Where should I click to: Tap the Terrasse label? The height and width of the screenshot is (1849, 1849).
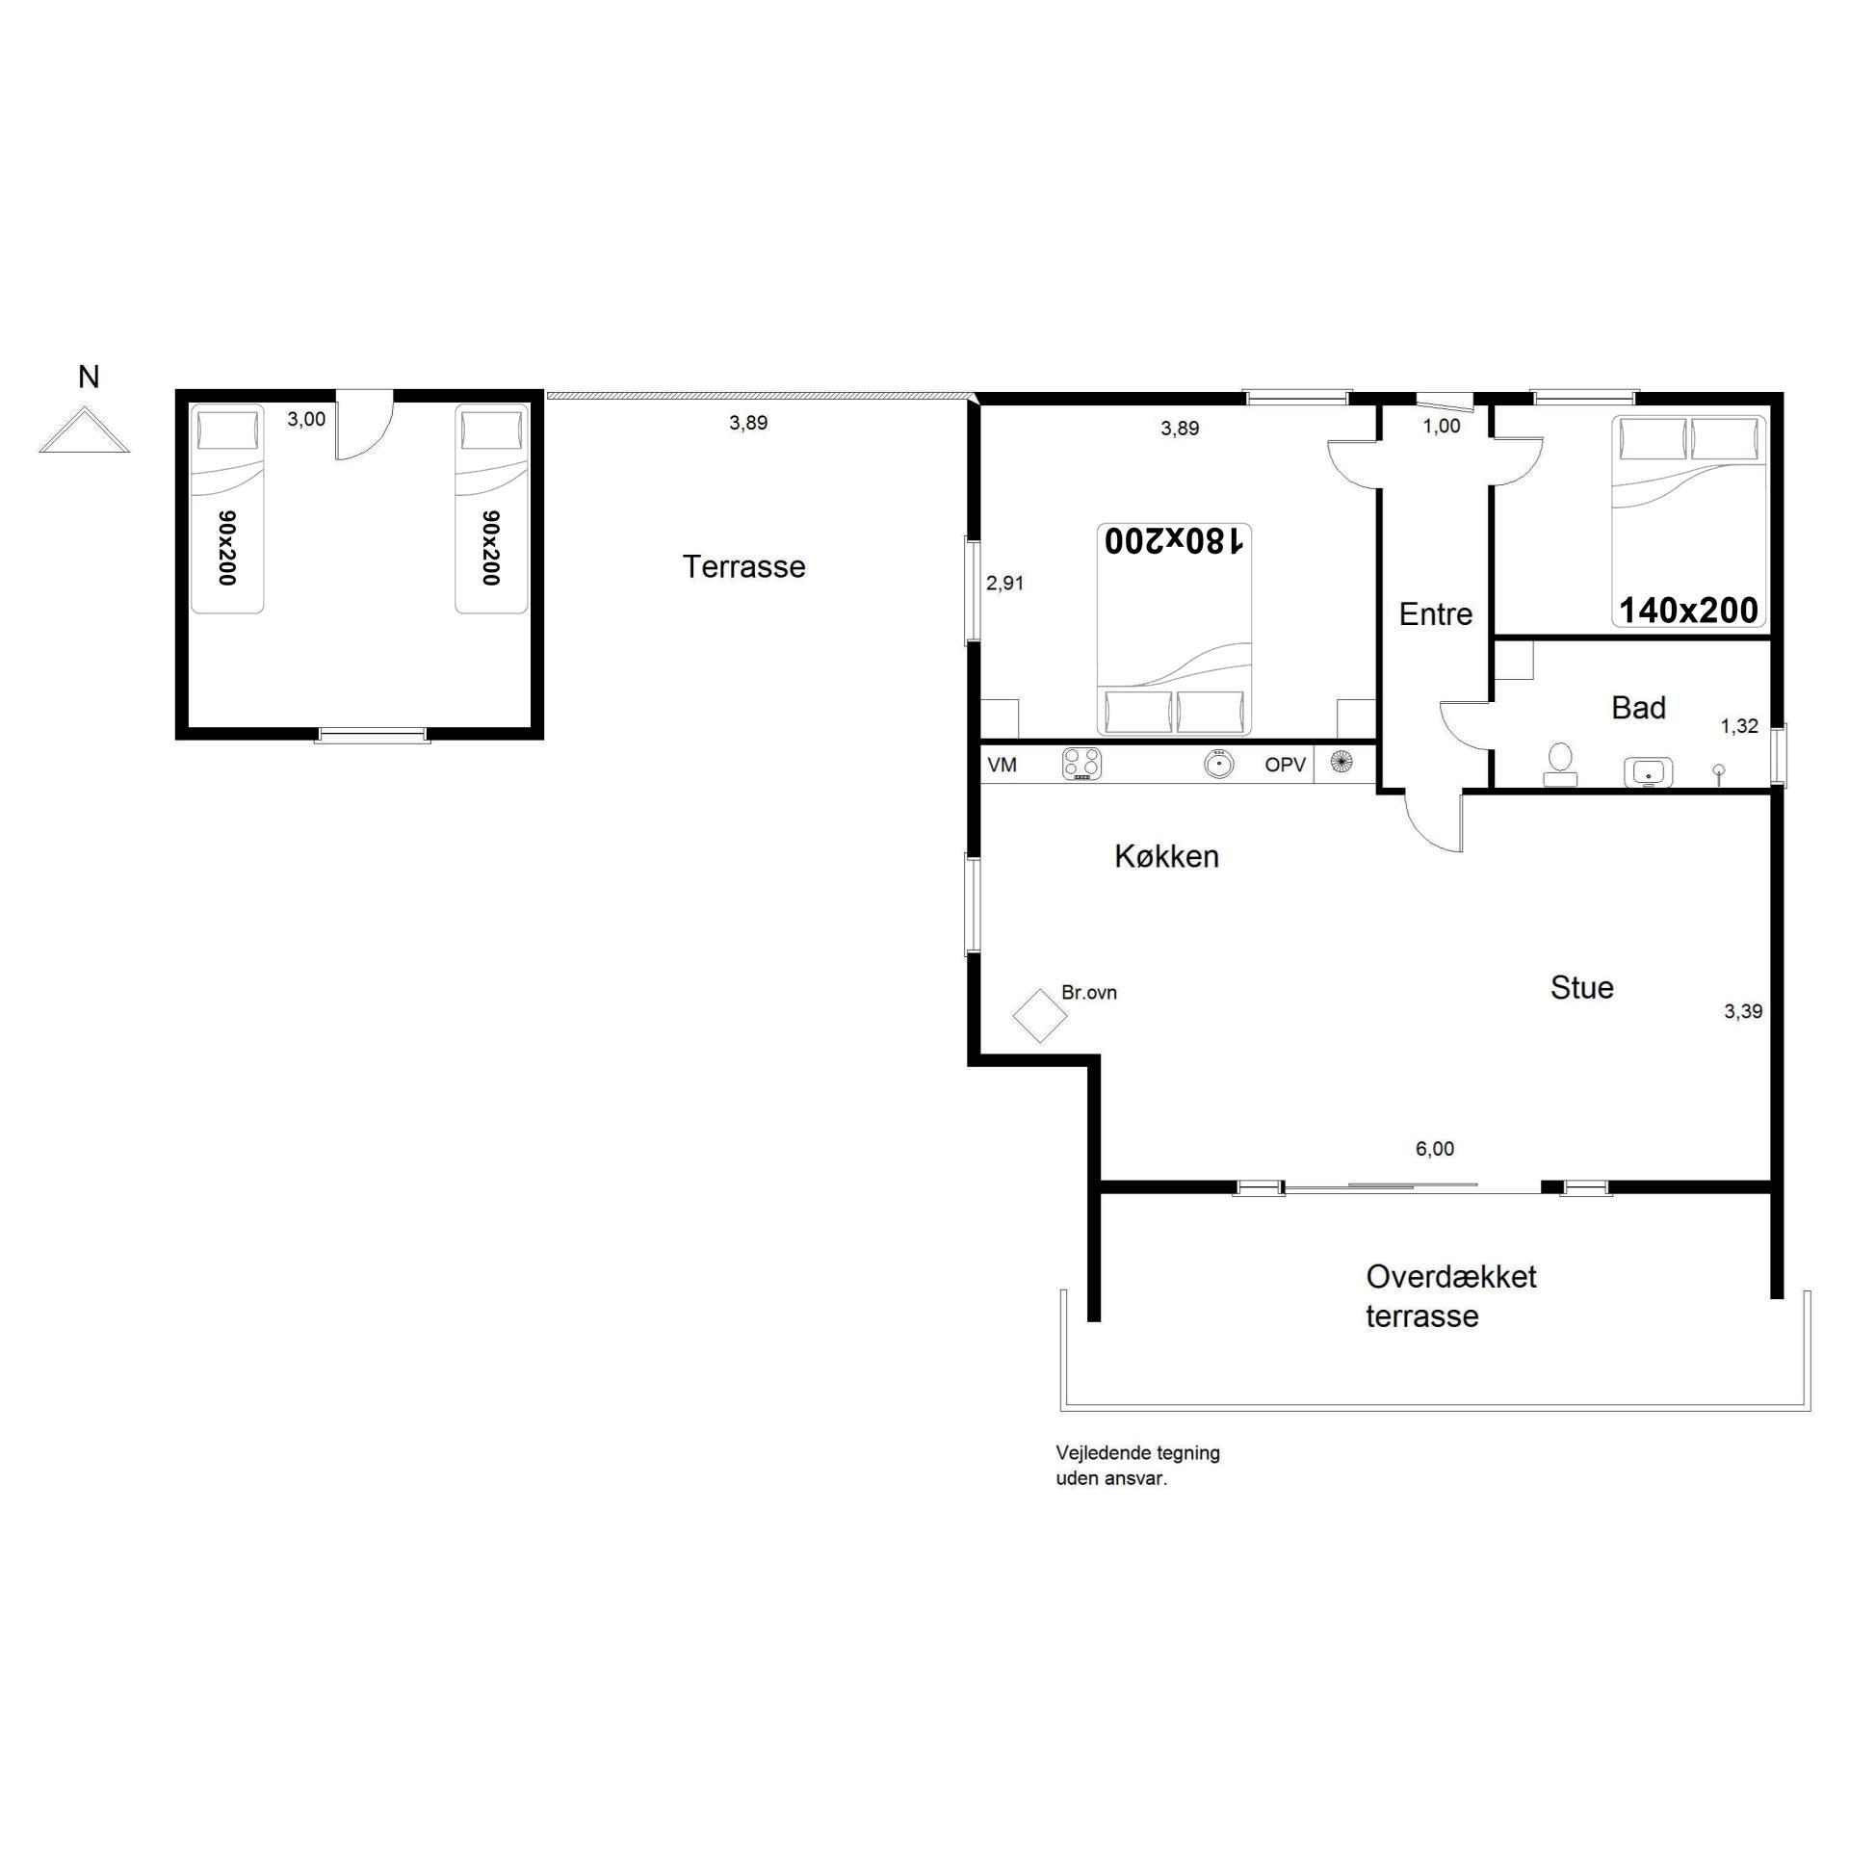(743, 566)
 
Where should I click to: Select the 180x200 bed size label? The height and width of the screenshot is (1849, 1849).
(1175, 541)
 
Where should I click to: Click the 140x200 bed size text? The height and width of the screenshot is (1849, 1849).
(1689, 610)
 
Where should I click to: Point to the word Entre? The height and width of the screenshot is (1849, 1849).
(1435, 614)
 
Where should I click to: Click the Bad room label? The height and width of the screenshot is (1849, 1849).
(1638, 708)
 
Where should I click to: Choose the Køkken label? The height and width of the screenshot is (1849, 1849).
(1166, 856)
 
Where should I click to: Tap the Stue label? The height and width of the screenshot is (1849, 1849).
(1581, 987)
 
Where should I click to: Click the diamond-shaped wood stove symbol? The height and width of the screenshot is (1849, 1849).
(1039, 1016)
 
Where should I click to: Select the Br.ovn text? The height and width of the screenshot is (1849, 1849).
(1088, 992)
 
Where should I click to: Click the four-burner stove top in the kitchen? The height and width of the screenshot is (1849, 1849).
(1081, 764)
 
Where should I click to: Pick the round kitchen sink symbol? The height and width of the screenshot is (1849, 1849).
(1218, 765)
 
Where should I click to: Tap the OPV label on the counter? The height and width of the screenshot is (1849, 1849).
(1285, 765)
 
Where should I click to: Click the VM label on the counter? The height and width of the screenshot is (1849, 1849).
(1002, 765)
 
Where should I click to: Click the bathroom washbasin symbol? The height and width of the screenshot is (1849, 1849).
(1648, 772)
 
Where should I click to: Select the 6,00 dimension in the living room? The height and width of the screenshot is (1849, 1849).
(1434, 1148)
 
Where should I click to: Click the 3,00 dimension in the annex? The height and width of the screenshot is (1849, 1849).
(306, 419)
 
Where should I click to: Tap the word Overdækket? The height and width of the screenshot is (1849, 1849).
(1451, 1276)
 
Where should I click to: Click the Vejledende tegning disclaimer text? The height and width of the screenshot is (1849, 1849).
(1137, 1465)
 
